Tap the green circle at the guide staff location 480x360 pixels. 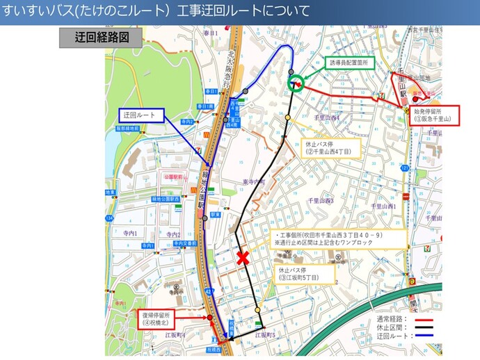coord(296,83)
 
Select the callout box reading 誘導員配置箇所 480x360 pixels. coord(351,63)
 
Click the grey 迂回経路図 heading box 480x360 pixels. coord(103,38)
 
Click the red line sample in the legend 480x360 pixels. coord(425,320)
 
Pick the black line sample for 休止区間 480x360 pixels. coord(425,327)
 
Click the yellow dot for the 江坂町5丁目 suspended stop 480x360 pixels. coord(257,310)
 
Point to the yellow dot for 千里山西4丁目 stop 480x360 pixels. coord(287,118)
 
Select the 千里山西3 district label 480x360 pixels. coord(322,201)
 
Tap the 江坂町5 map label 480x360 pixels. coord(265,335)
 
